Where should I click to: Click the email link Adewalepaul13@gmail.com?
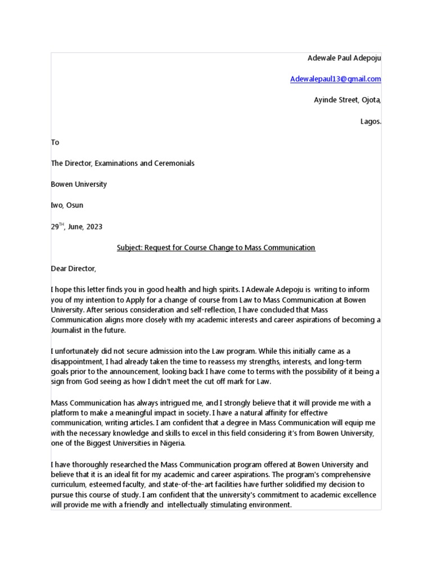pos(335,79)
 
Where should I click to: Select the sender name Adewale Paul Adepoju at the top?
pos(344,58)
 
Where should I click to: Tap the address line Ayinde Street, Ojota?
pos(347,100)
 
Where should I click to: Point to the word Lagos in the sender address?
pos(370,121)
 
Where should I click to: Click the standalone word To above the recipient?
pos(55,142)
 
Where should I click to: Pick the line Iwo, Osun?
pos(67,205)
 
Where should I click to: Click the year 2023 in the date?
pos(93,227)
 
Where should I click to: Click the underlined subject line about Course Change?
pos(216,247)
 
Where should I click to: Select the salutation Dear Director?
pos(74,269)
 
